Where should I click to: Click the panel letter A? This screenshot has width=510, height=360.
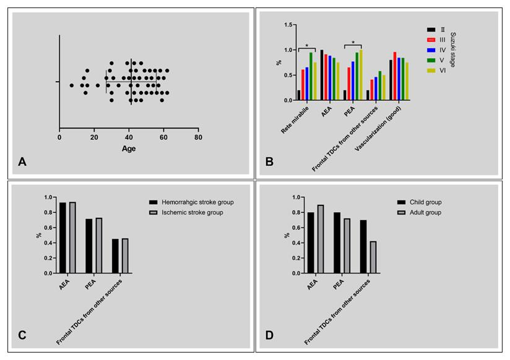[x=22, y=162]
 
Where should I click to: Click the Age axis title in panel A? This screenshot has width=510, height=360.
[x=129, y=148]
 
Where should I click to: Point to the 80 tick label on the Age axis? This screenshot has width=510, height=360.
[x=198, y=137]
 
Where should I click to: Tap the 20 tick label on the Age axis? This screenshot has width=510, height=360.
[x=94, y=137]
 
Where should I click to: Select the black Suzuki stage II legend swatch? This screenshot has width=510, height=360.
[x=431, y=30]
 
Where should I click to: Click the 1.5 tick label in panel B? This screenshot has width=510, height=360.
[x=285, y=25]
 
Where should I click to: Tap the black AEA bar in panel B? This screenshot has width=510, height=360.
[x=322, y=75]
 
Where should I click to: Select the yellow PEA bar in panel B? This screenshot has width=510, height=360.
[x=361, y=75]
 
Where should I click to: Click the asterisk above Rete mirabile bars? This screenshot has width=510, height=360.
[x=306, y=45]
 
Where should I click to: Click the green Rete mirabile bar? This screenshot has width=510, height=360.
[x=311, y=76]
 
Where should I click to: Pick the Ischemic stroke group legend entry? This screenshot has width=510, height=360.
[x=186, y=212]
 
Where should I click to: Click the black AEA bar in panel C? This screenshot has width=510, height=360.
[x=63, y=238]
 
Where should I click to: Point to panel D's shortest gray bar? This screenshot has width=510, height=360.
[x=373, y=257]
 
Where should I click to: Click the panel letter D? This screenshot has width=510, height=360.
[x=270, y=335]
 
